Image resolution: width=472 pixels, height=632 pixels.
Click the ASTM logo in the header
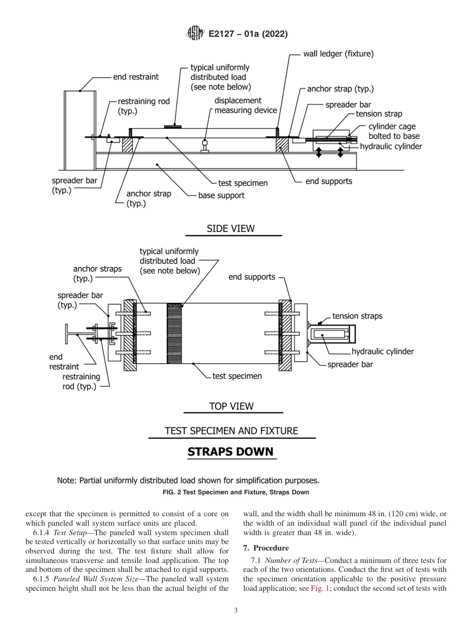click(x=194, y=34)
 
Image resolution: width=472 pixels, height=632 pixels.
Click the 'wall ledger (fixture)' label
click(x=338, y=53)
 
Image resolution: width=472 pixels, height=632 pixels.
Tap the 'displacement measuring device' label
click(x=245, y=105)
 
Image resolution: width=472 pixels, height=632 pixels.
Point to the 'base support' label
click(x=221, y=195)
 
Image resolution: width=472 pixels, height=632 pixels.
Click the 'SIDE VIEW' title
click(x=231, y=229)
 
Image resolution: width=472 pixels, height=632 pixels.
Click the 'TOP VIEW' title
click(x=231, y=406)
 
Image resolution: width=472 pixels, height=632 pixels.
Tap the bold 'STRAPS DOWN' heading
click(x=231, y=452)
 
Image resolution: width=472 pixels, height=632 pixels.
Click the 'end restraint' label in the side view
click(x=136, y=77)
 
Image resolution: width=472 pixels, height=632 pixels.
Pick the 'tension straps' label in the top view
click(x=357, y=316)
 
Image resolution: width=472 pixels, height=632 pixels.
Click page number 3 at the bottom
click(x=236, y=611)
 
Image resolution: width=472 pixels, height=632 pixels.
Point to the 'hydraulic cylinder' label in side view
click(x=391, y=147)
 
